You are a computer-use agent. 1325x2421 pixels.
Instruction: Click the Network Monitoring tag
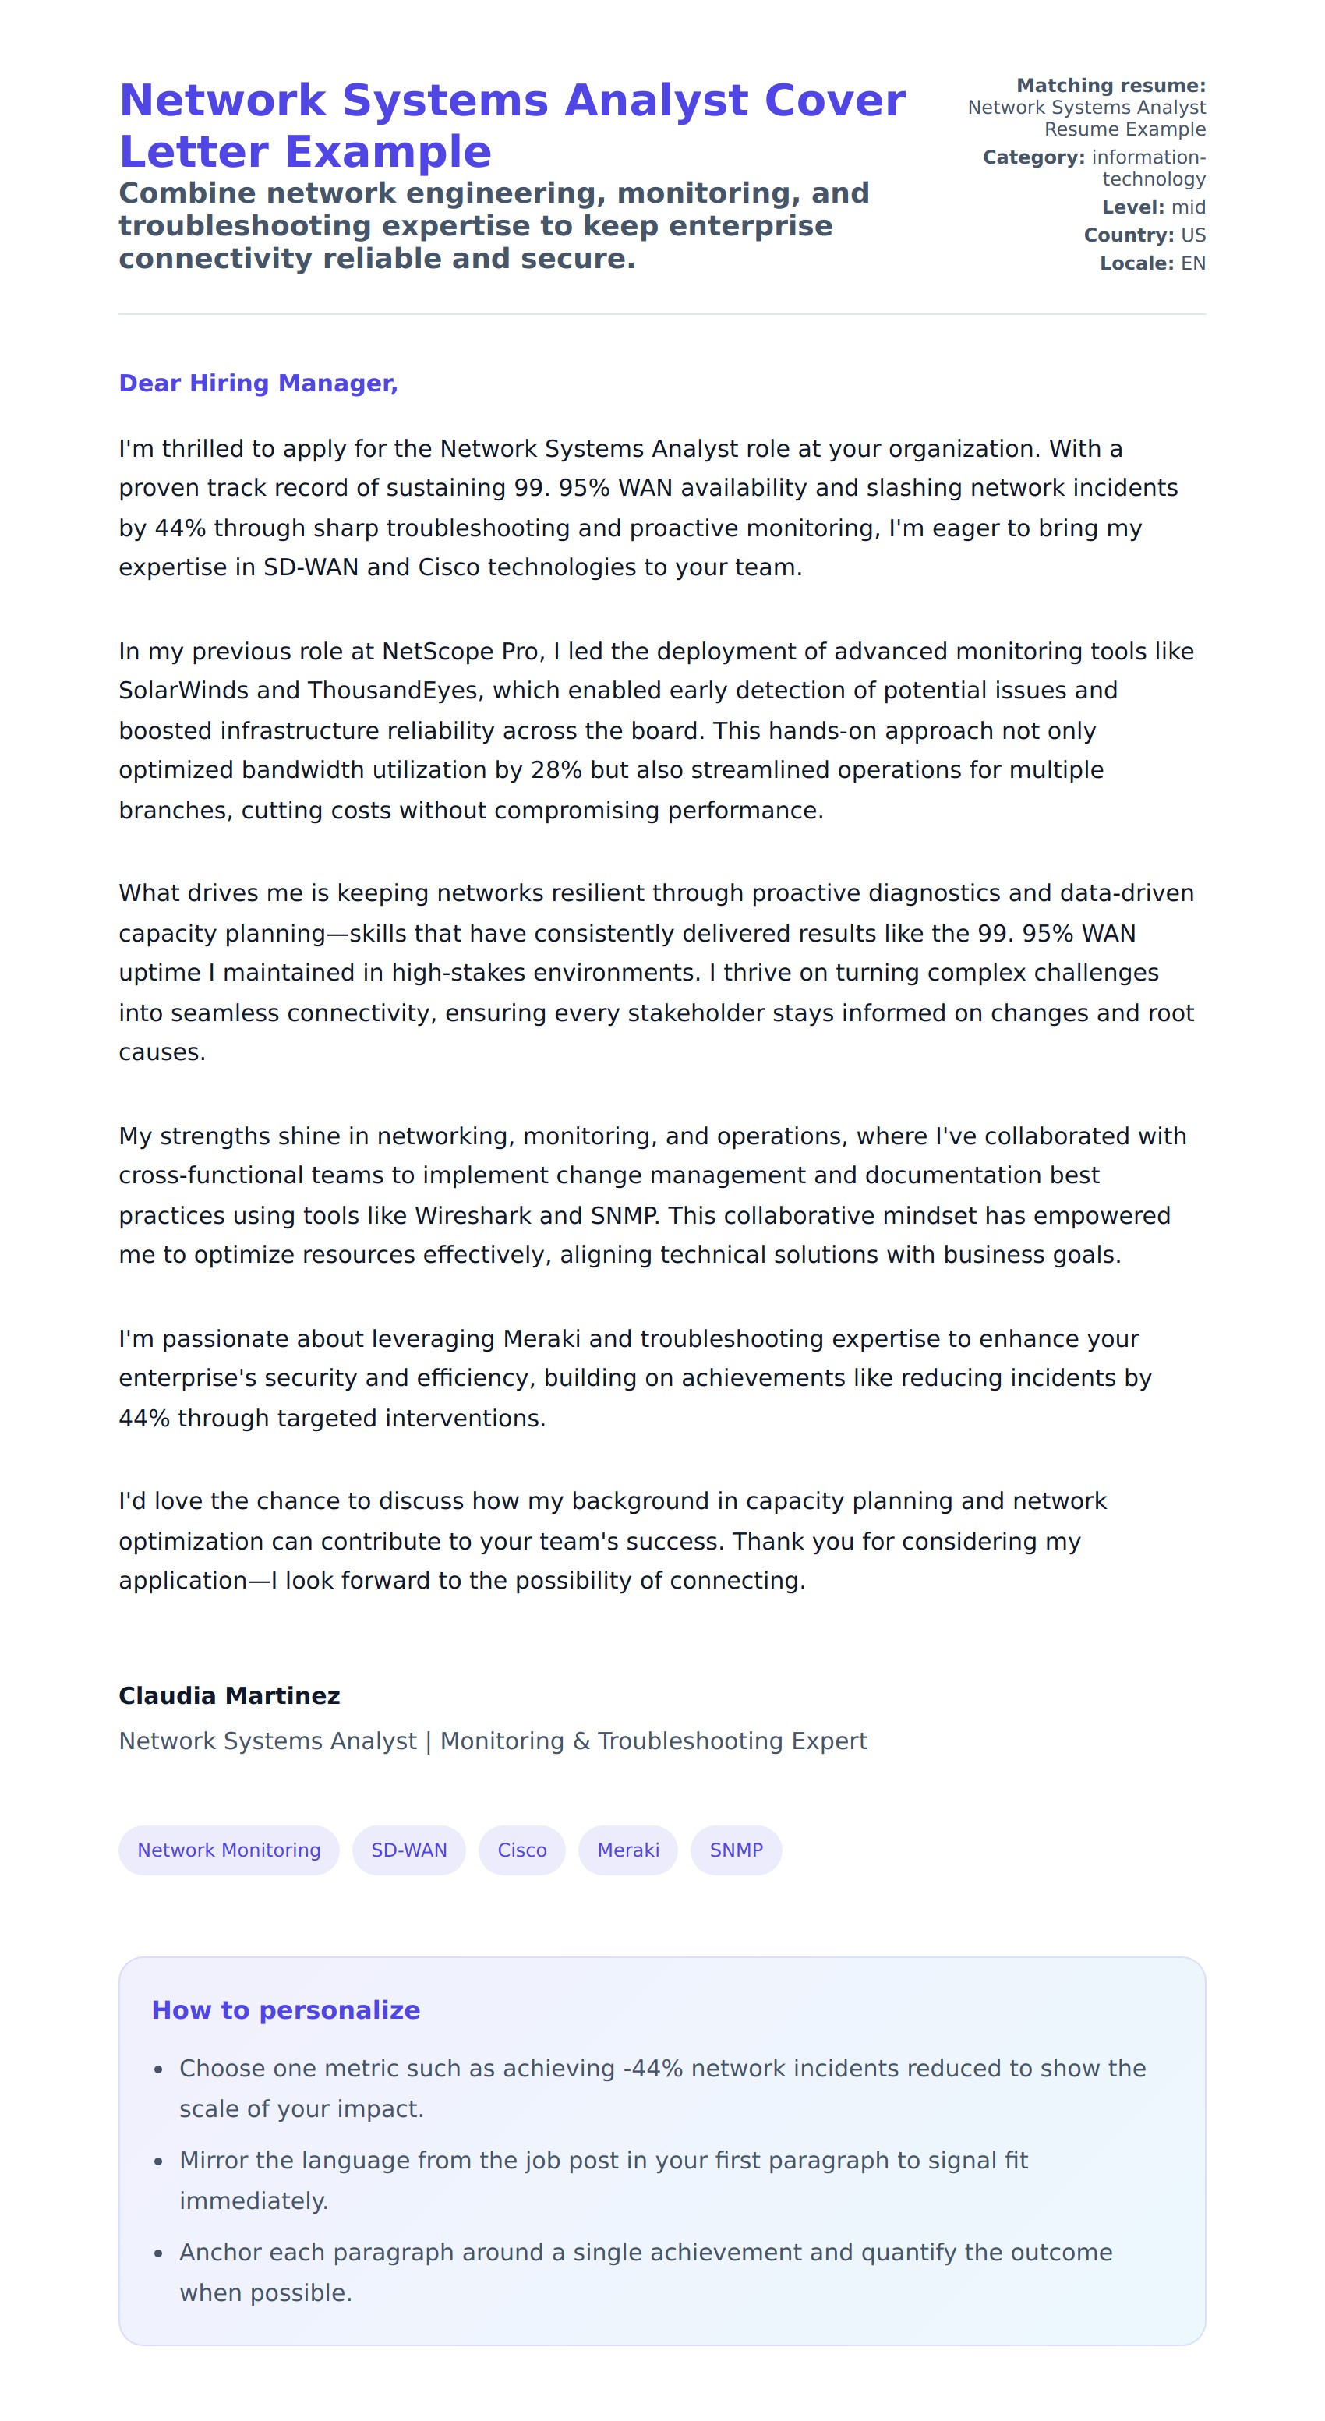(228, 1850)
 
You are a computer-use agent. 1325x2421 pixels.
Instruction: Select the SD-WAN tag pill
(408, 1850)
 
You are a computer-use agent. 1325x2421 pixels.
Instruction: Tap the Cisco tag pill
(521, 1850)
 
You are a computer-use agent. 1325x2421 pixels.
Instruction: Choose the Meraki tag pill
(627, 1850)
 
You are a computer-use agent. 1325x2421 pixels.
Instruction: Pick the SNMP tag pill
(736, 1850)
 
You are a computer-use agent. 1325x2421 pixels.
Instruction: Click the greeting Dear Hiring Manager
(259, 383)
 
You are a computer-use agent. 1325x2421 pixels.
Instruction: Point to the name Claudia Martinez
(229, 1695)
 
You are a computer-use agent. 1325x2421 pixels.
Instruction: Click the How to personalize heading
(286, 2009)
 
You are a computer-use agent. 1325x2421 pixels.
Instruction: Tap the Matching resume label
(1111, 86)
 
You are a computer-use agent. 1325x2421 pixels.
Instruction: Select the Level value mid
(1188, 207)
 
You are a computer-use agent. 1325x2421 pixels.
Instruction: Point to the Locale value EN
(1192, 263)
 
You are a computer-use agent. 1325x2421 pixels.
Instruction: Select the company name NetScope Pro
(461, 652)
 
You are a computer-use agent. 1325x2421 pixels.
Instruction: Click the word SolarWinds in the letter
(183, 691)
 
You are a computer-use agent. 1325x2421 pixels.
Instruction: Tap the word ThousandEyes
(394, 691)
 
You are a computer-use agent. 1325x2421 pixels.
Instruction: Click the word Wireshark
(474, 1215)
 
